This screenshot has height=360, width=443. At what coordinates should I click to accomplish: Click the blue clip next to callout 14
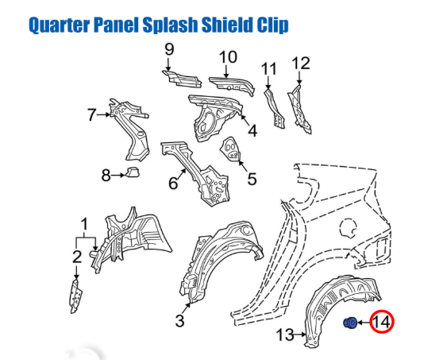coord(350,323)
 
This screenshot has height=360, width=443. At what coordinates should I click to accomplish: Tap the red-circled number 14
coord(382,322)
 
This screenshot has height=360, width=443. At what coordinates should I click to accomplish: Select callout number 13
coord(285,335)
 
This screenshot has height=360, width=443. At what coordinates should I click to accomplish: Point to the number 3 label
coord(179,321)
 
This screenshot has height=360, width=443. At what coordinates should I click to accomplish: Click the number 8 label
coord(106,175)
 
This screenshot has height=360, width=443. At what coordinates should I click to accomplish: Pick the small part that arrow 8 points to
coord(133,172)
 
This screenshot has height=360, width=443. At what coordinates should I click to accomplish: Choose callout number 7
coord(92,114)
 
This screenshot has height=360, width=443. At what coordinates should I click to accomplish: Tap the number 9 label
coord(169,49)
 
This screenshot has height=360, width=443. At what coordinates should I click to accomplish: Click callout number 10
coord(228,57)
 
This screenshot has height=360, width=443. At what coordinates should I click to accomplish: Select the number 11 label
coord(268,69)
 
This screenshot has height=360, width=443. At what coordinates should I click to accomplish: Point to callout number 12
coord(301,63)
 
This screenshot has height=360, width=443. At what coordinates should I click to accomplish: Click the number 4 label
coord(252,131)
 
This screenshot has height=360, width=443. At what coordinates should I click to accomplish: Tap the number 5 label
coord(252,179)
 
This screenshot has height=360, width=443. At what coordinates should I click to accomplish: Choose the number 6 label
coord(173,183)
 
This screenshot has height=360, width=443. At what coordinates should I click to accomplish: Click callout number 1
coord(84,224)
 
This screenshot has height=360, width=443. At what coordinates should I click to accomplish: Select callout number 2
coord(76,257)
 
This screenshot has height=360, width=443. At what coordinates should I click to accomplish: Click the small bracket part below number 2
coord(75,296)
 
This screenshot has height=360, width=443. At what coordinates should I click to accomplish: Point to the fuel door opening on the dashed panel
coord(349,228)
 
